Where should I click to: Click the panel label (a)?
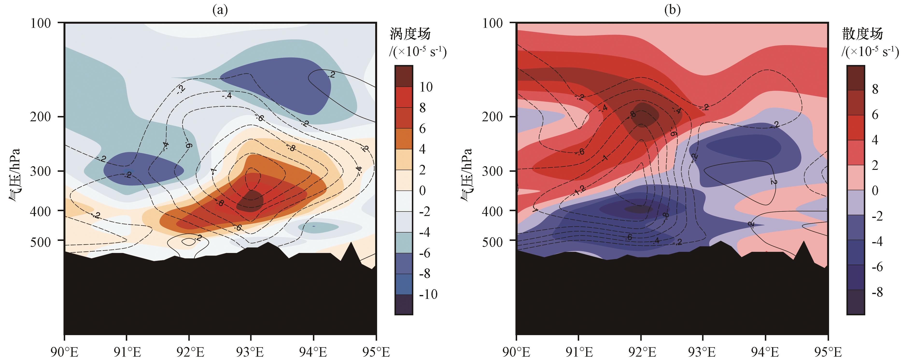(220, 10)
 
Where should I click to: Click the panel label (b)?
(672, 10)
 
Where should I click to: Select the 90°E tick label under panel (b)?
(516, 352)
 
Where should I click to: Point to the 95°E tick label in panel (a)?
(376, 352)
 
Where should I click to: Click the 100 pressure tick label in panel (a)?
(41, 23)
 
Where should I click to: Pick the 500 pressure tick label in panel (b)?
(493, 242)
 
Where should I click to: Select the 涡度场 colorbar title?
(410, 35)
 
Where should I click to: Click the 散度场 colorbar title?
(862, 35)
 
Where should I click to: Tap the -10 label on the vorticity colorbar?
(428, 294)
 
